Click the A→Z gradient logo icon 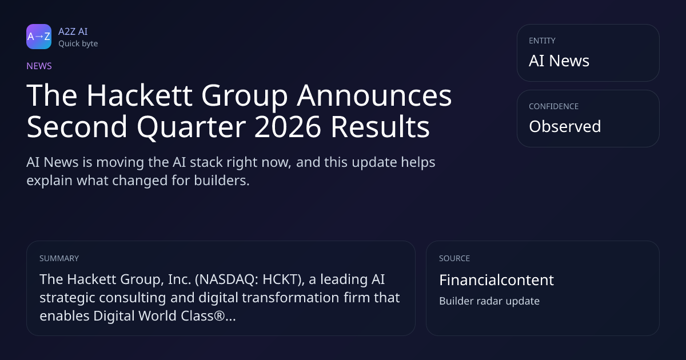[39, 37]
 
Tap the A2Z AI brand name [73, 31]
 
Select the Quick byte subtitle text [78, 44]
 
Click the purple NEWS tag [39, 66]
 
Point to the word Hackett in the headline [139, 95]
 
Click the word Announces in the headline [374, 96]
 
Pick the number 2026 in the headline [288, 127]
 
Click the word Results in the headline [380, 126]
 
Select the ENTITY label [542, 41]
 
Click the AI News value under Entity [559, 61]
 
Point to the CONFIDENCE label [554, 106]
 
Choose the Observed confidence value [565, 126]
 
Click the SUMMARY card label [59, 258]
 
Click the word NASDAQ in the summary [225, 280]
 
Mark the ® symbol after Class [220, 315]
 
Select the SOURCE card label [454, 258]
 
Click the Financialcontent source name [496, 280]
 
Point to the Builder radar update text [489, 301]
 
